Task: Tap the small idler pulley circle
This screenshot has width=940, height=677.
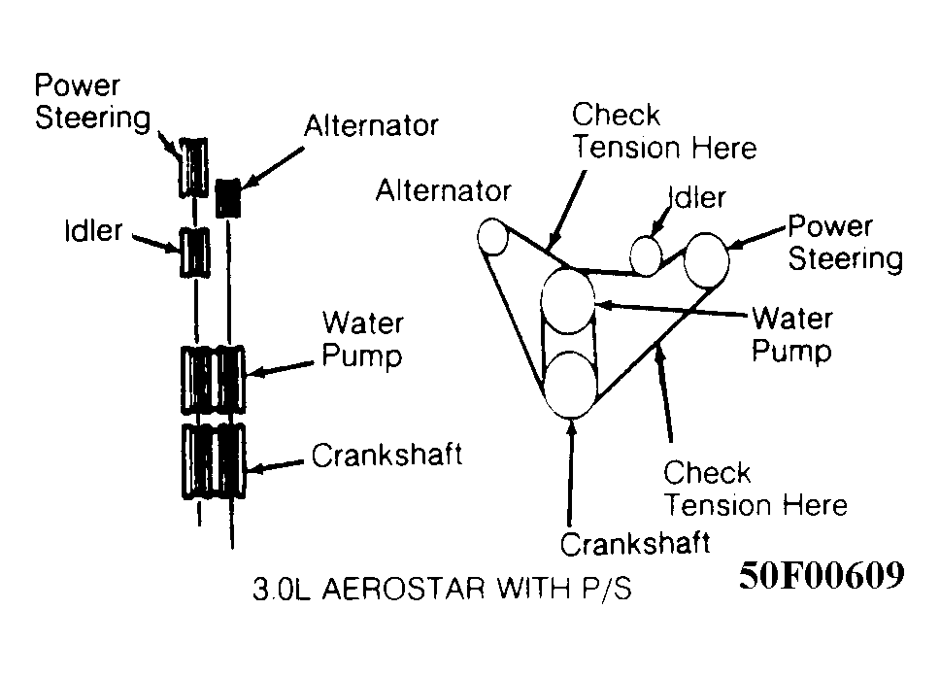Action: (646, 254)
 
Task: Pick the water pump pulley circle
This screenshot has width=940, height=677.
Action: (567, 301)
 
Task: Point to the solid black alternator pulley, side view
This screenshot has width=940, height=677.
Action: (228, 198)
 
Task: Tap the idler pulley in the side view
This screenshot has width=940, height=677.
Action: (194, 253)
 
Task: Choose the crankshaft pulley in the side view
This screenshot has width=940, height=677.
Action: (214, 460)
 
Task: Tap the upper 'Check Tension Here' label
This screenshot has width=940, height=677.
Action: (664, 131)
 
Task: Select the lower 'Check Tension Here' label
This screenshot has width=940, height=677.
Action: (755, 490)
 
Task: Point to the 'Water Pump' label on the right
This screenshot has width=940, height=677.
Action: (791, 334)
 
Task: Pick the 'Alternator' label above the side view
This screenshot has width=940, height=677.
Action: (371, 126)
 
